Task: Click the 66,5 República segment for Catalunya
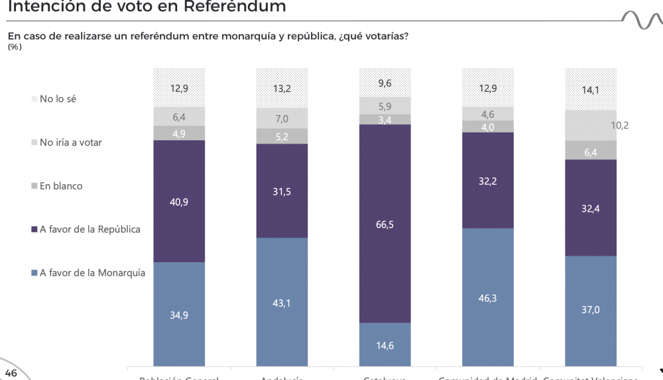coord(385,224)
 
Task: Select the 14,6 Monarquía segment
coord(385,344)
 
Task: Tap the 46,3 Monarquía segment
coord(487,298)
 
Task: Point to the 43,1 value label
coord(282,303)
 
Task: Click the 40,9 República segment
coord(179,201)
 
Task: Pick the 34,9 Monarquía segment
coord(179,314)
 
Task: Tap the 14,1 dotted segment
coord(590,89)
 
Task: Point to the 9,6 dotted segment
coord(385,83)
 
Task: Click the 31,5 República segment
coord(282,191)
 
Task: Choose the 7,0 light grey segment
coord(282,119)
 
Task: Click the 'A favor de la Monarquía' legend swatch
coord(34,272)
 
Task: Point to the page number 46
coord(11,373)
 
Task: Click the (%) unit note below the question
coord(15,47)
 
